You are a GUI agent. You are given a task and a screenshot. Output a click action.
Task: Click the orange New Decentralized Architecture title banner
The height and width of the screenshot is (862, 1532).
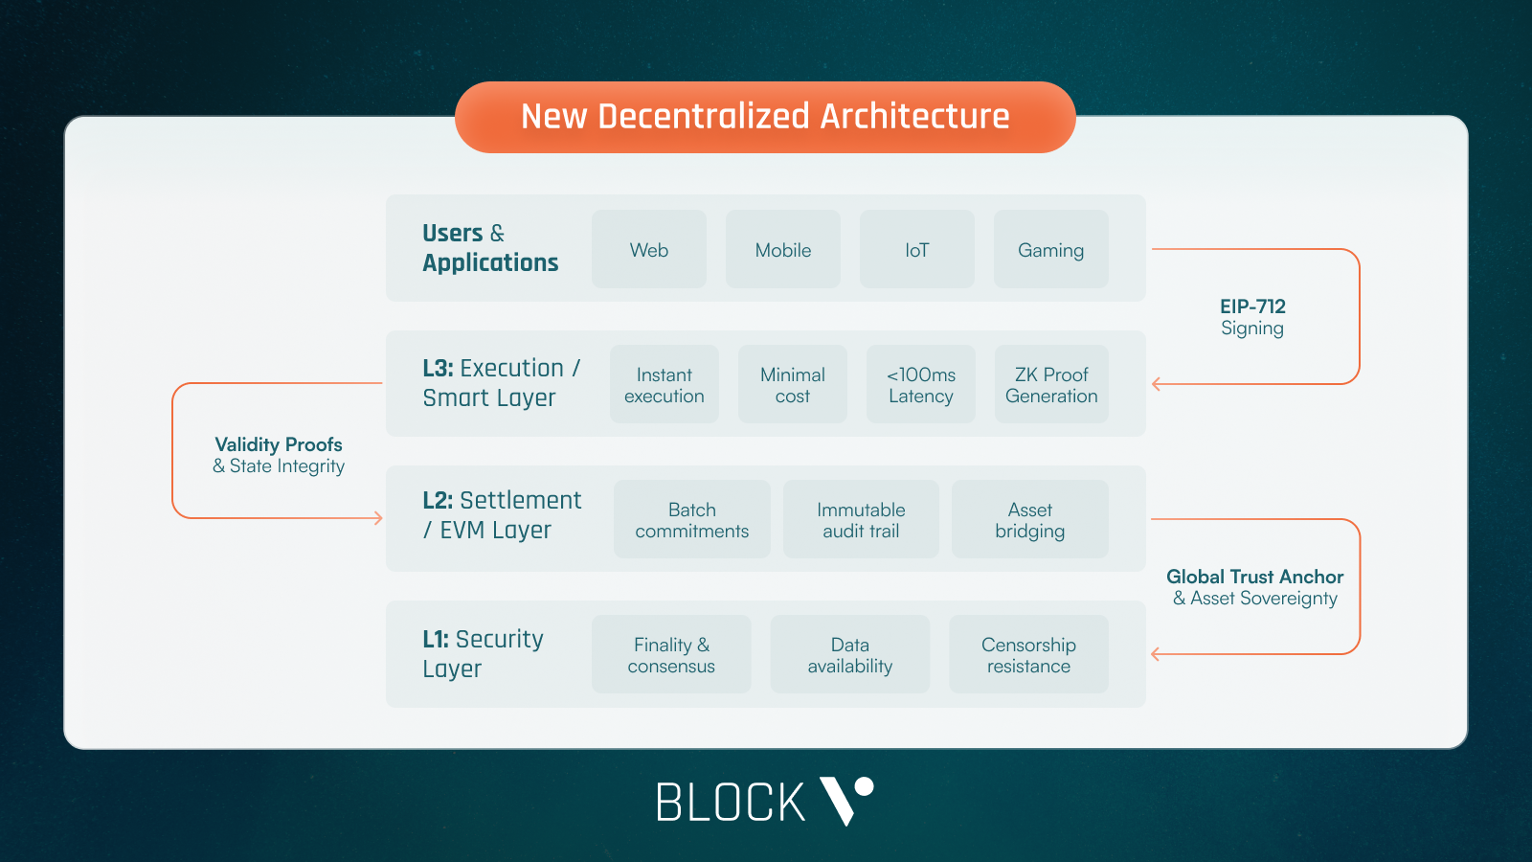(765, 117)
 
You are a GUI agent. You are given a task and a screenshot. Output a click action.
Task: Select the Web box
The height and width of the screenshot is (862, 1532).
(649, 249)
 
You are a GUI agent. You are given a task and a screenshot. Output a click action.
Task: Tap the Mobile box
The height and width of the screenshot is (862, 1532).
(783, 249)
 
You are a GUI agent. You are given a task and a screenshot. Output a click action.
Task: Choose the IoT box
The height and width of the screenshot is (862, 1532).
(917, 249)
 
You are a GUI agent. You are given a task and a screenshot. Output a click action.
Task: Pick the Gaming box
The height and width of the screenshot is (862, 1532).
(1051, 249)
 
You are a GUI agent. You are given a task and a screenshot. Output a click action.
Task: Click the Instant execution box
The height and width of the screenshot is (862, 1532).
(665, 384)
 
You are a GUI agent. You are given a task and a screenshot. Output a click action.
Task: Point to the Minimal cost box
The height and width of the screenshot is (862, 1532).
(793, 384)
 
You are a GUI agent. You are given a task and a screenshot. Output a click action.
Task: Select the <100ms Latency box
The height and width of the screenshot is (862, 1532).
(921, 384)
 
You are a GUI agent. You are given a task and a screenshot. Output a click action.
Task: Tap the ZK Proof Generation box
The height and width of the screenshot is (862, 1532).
(1051, 384)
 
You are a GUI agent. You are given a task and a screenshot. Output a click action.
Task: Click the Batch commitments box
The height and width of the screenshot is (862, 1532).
(692, 519)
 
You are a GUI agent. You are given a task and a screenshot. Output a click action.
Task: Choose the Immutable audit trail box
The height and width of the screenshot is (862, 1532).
(861, 519)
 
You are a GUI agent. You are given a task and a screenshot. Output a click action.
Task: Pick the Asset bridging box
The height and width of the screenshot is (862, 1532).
(1030, 519)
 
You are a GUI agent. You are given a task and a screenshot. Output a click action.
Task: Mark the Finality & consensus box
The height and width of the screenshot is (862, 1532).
(671, 654)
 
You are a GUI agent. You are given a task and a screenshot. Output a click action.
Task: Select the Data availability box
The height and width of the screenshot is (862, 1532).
(850, 654)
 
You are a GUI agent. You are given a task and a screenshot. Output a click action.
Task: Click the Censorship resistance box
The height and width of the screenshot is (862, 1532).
(1028, 654)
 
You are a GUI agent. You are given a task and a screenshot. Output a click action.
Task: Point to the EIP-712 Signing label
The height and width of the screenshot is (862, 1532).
(1252, 317)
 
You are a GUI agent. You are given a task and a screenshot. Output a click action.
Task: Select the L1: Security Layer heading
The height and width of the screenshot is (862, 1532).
(484, 653)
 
